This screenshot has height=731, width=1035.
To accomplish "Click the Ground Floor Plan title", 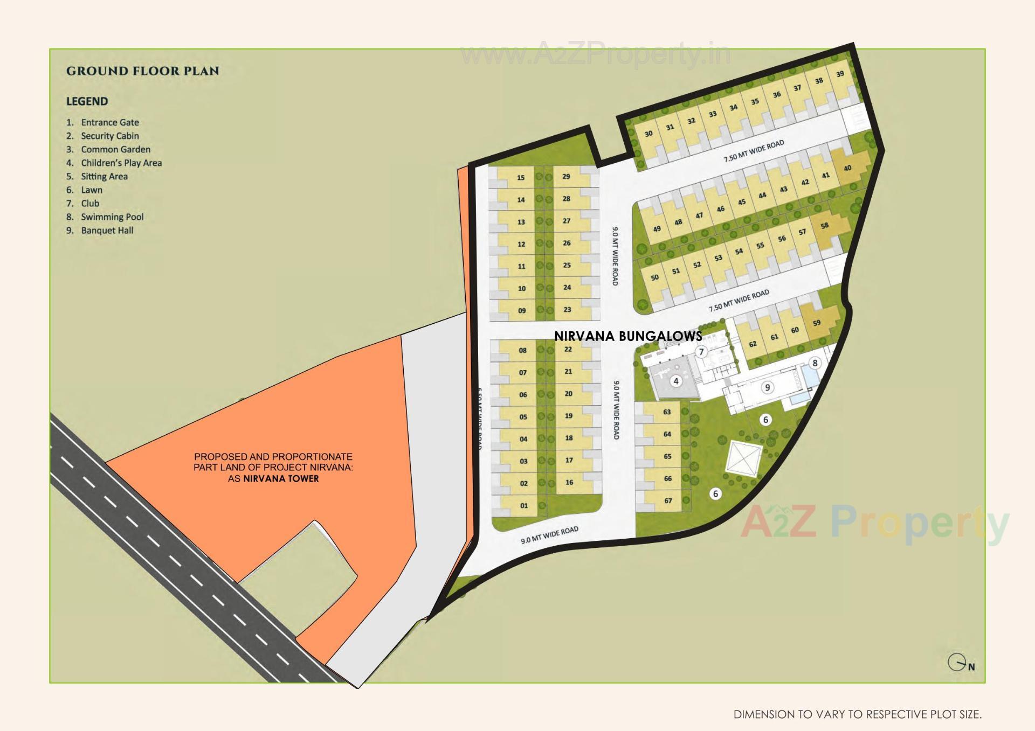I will [142, 71].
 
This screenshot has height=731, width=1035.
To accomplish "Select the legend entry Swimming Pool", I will [112, 217].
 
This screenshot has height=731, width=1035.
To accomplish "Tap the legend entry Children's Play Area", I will [121, 163].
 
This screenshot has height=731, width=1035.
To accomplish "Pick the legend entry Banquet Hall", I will [107, 231].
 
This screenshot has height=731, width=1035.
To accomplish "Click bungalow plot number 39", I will [840, 74].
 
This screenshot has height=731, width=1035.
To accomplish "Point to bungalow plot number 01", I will [524, 506].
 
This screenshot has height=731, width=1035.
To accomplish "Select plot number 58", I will [824, 226].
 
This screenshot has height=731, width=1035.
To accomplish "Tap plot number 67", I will [668, 501].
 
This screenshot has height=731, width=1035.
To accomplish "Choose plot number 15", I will [521, 178].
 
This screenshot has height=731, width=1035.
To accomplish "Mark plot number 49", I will [657, 229].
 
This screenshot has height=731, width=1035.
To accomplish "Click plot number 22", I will [568, 350].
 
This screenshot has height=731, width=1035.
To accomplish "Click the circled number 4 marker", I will [676, 381].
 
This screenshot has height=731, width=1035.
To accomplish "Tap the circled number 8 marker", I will [815, 363].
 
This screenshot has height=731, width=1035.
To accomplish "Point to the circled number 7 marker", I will [701, 352].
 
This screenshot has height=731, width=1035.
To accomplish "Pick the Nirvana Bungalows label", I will [628, 336].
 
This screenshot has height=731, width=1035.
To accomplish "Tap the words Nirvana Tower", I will [280, 479].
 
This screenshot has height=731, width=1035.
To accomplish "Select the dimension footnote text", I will [857, 715].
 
